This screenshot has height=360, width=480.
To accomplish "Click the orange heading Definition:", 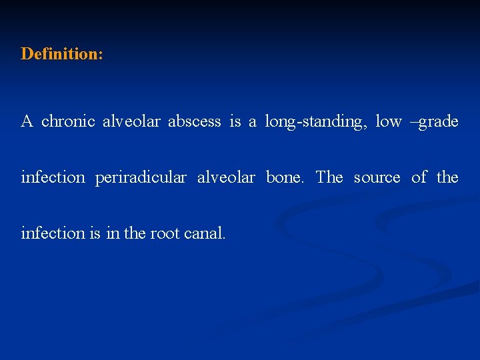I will (62, 53).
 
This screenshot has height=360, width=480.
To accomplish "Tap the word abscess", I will (194, 121).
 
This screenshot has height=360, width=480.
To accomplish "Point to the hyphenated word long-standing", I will (315, 121).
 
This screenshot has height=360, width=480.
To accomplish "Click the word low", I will (389, 121).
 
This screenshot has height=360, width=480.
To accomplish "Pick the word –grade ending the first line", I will (436, 121).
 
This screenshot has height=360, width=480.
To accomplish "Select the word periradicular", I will (141, 177).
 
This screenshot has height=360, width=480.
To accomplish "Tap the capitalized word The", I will (329, 177).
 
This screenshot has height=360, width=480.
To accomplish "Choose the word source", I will (377, 177).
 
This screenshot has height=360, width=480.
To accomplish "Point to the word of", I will (419, 177).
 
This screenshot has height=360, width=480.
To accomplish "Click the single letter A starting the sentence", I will (27, 121).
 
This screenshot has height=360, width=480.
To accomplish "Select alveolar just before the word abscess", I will (131, 121).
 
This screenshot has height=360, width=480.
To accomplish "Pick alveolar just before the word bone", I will (226, 177).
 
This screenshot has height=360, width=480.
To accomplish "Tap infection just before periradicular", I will (53, 177).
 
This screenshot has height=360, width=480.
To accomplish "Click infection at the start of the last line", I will (53, 233).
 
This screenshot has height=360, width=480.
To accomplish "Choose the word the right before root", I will (134, 233).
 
